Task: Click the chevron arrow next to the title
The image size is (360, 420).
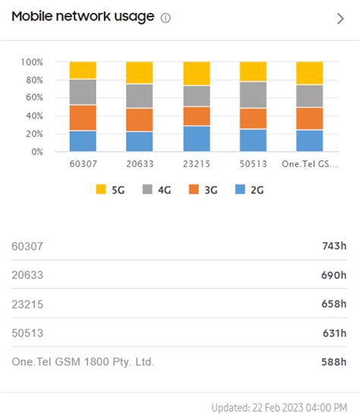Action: click(x=340, y=19)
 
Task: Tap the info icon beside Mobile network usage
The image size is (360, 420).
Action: click(x=166, y=17)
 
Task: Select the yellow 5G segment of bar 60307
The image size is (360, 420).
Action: click(x=83, y=70)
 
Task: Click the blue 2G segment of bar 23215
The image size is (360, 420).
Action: click(x=197, y=138)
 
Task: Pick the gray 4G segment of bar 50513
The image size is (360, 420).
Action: click(x=253, y=94)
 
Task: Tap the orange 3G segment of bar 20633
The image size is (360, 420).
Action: click(x=140, y=119)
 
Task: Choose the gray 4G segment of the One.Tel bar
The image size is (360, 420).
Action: click(x=310, y=96)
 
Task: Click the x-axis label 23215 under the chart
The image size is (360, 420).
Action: click(x=197, y=164)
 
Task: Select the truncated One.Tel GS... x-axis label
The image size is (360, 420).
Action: click(x=310, y=164)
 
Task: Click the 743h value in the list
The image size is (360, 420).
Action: click(x=334, y=245)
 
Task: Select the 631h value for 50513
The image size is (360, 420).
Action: click(x=334, y=333)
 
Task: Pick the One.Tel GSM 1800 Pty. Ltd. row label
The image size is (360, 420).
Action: click(x=83, y=362)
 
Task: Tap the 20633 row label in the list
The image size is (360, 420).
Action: click(x=28, y=274)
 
